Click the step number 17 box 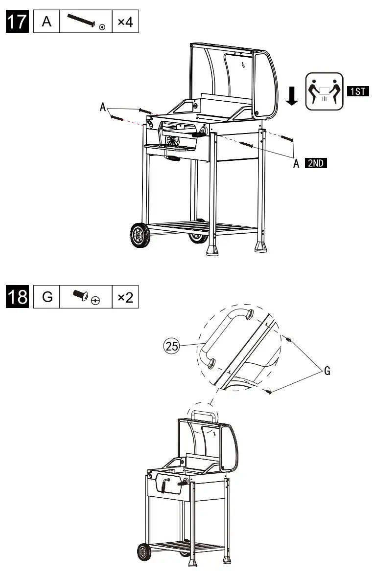(17, 22)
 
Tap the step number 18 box (17, 297)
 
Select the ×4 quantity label (125, 22)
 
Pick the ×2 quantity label (125, 297)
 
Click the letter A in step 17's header (47, 22)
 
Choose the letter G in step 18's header (47, 297)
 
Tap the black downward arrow (292, 96)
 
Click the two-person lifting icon (322, 91)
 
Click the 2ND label (315, 164)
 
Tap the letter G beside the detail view (327, 371)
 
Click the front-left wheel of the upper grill (141, 235)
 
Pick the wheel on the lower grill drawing (144, 552)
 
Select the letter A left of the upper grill (103, 107)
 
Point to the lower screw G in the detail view (269, 392)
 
